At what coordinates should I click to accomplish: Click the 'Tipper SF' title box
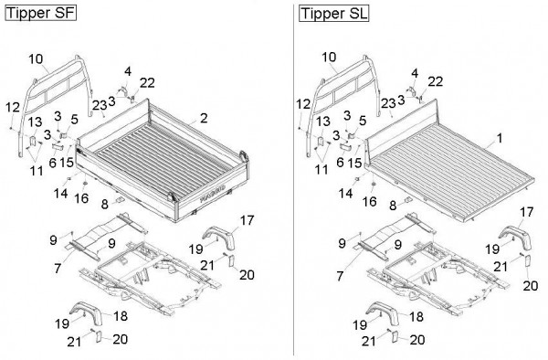40,13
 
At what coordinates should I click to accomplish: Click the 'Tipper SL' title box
333,14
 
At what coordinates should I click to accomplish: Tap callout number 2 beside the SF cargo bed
204,118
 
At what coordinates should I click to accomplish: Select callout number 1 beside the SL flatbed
500,138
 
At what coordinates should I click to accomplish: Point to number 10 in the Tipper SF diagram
36,58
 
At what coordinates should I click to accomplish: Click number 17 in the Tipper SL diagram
527,212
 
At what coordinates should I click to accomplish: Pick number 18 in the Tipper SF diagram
121,316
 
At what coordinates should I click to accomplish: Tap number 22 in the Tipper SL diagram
436,81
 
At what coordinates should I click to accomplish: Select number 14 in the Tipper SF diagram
61,193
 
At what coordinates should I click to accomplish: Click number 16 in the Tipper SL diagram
370,202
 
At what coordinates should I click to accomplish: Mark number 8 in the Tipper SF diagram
104,204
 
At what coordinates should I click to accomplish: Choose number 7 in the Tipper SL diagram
340,276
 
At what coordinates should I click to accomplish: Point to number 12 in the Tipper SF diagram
13,107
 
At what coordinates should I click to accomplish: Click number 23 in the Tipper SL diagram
388,103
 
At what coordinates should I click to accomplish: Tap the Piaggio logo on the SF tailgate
213,194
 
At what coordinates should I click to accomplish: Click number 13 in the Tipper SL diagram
323,122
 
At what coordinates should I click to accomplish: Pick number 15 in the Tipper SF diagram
67,162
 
